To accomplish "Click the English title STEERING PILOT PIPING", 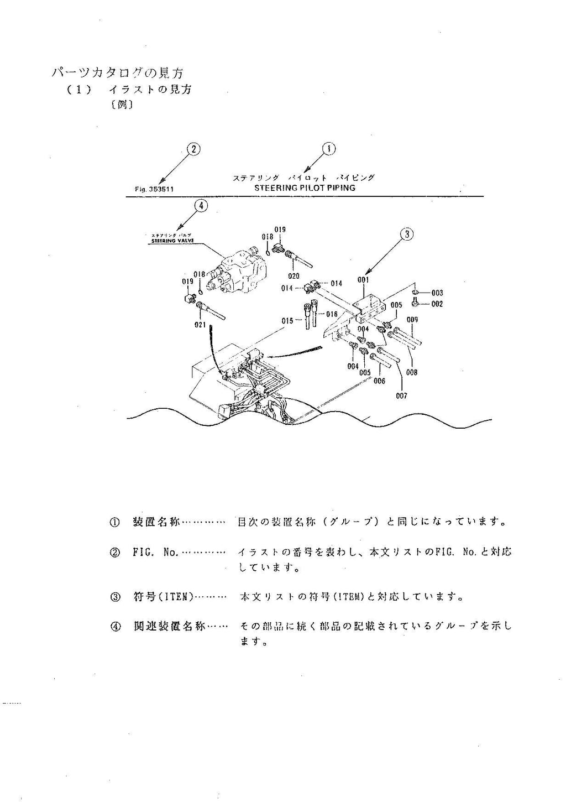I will pyautogui.click(x=305, y=188).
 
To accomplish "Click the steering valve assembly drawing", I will pyautogui.click(x=236, y=272).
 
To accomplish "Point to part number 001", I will pyautogui.click(x=363, y=280).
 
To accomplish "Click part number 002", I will pyautogui.click(x=437, y=304).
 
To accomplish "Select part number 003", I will pyautogui.click(x=437, y=293).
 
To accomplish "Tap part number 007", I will pyautogui.click(x=401, y=395).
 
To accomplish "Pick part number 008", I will pyautogui.click(x=412, y=372).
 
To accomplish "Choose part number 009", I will pyautogui.click(x=412, y=320).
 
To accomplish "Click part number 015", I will pyautogui.click(x=287, y=321).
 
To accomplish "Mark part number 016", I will pyautogui.click(x=332, y=314).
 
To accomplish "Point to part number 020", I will pyautogui.click(x=294, y=275).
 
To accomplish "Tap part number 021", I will pyautogui.click(x=200, y=324).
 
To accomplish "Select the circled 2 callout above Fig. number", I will pyautogui.click(x=193, y=149).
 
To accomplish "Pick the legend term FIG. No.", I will pyautogui.click(x=155, y=552).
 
